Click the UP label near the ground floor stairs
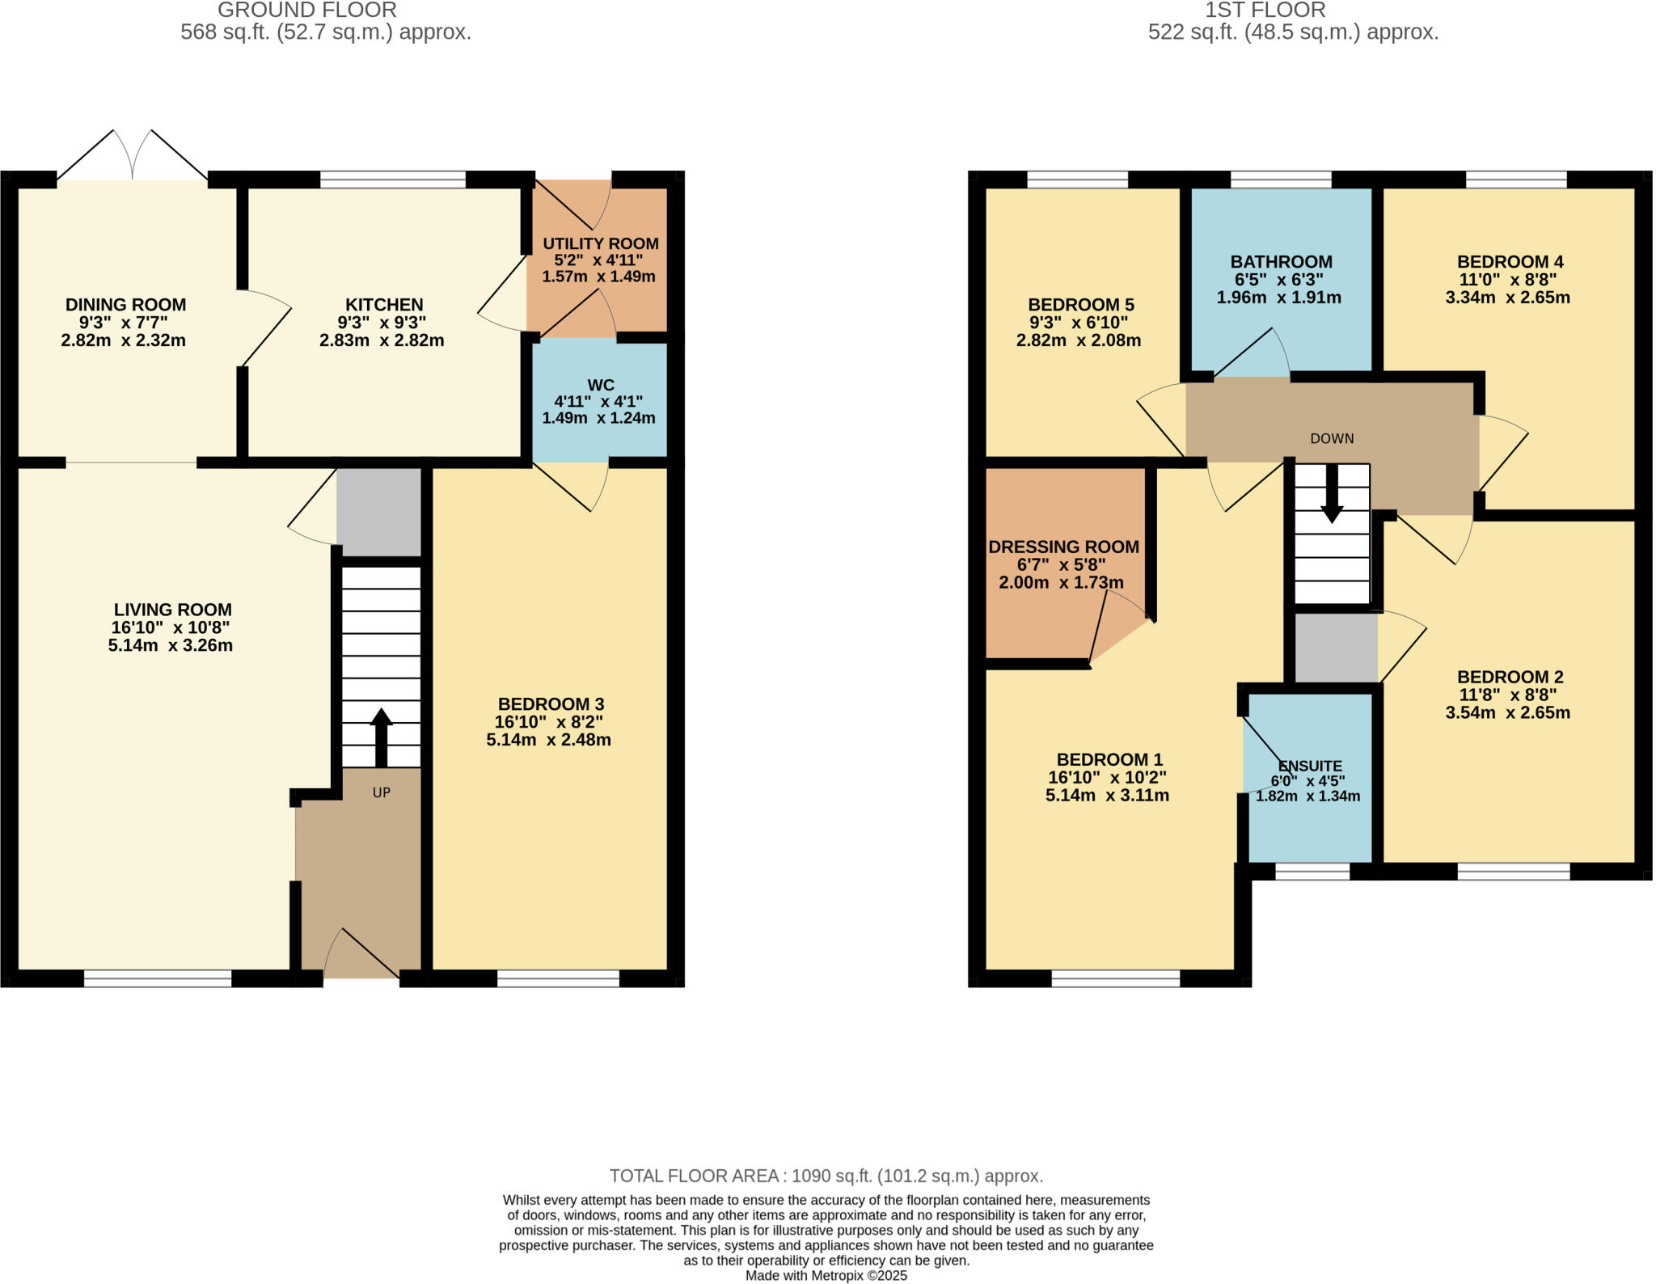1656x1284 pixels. click(x=381, y=792)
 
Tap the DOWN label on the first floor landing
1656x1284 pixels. click(x=1332, y=438)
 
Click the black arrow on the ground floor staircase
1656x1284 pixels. click(x=381, y=737)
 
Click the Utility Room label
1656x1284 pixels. click(x=600, y=243)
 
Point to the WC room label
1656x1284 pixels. click(x=600, y=385)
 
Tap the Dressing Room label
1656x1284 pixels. click(x=1063, y=547)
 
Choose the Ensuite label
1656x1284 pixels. click(x=1309, y=766)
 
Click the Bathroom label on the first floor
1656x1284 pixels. click(x=1281, y=262)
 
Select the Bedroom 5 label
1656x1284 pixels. click(x=1080, y=305)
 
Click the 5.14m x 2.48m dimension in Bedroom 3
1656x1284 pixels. click(x=548, y=739)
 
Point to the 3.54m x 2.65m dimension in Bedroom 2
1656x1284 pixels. click(x=1507, y=712)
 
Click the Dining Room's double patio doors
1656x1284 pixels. click(x=133, y=155)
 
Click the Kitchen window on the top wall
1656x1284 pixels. click(x=393, y=179)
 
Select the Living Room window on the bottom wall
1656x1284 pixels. click(x=158, y=978)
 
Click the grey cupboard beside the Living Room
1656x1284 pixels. click(x=378, y=511)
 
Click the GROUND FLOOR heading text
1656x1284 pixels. click(x=307, y=11)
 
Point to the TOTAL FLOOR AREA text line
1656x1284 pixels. click(x=826, y=1176)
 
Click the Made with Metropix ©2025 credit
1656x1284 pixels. click(x=826, y=1276)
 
